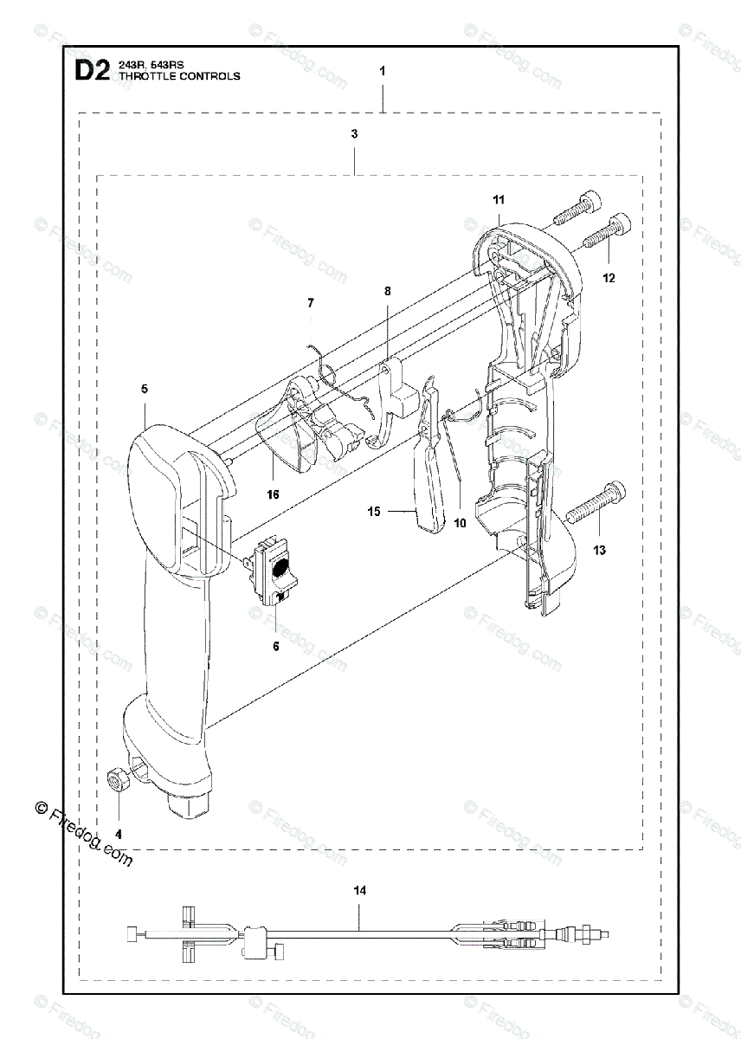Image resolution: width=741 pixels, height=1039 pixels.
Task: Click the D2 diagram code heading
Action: pos(89,71)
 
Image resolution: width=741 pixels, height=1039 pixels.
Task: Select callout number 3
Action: pos(355,134)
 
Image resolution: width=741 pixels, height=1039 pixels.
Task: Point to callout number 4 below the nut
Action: pos(119,833)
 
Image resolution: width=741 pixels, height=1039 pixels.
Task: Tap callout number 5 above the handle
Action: pos(145,390)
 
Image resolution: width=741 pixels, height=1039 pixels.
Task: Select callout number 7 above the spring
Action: pos(311,302)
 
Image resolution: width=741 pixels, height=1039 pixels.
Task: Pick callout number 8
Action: pos(388,292)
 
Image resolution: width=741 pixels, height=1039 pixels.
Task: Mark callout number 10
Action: pos(460,523)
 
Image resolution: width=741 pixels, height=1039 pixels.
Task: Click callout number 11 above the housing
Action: pos(499,200)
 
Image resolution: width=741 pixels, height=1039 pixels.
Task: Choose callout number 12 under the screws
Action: pos(609,278)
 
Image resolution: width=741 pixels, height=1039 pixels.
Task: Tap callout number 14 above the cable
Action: pos(360,889)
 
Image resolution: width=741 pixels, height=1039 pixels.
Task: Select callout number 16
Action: pos(274,494)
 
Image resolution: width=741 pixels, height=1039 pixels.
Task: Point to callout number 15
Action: pos(374,512)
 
